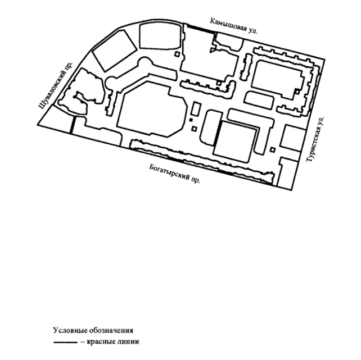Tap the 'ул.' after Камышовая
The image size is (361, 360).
coord(253,30)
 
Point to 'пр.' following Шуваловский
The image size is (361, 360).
coord(69,65)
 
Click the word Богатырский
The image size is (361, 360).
coord(169,172)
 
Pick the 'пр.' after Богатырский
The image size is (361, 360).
coord(196,180)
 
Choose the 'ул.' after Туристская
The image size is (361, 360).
coord(321,120)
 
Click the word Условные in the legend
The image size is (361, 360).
coord(70,330)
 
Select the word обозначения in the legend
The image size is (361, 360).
coord(111,331)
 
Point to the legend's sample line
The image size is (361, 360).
coord(65,343)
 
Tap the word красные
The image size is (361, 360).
coord(101,341)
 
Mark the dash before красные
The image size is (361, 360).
coord(83,342)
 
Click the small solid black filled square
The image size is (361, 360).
coord(191,120)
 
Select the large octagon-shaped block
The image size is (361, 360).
coord(152,109)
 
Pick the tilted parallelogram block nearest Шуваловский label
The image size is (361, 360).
coord(115,51)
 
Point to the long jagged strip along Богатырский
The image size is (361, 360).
coord(201,162)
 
